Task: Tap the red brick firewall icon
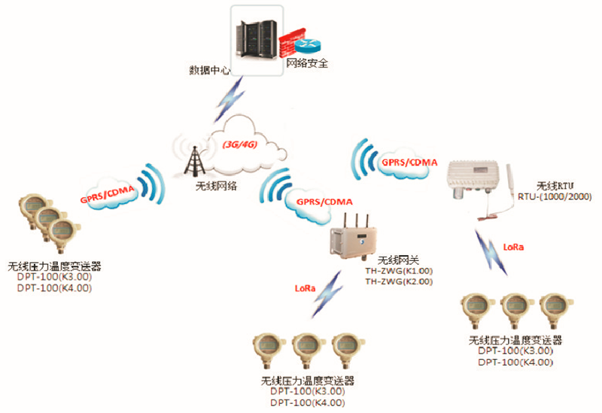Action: click(x=290, y=44)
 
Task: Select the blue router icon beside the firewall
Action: click(x=308, y=47)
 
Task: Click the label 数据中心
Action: click(x=210, y=70)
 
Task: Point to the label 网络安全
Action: click(x=307, y=63)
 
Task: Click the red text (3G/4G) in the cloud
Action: click(x=240, y=144)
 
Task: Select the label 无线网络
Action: click(x=216, y=186)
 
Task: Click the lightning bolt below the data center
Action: click(x=230, y=99)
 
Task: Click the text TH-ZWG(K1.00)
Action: click(x=399, y=271)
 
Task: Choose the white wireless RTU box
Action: click(x=474, y=179)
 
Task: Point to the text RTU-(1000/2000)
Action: click(x=555, y=196)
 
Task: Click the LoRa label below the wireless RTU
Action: click(x=513, y=247)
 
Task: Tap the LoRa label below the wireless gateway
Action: click(x=306, y=288)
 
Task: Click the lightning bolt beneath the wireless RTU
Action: click(x=491, y=252)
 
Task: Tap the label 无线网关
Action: click(x=398, y=260)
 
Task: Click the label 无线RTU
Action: click(x=555, y=186)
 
